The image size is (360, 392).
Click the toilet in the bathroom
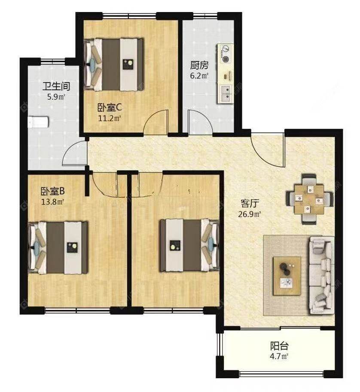coord(39,122)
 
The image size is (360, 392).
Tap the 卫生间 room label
coord(56,86)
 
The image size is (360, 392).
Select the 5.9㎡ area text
coord(56,97)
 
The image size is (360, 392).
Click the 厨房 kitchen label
coord(199,65)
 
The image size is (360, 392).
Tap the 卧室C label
coord(110,108)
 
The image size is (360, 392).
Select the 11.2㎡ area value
coord(110,118)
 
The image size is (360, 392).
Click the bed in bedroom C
coord(114,64)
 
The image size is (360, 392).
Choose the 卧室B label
coord(53,191)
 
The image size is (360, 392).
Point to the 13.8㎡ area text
coord(53,202)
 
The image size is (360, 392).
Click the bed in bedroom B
coord(58,248)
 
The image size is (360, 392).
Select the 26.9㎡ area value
coord(250,214)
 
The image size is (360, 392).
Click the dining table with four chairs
coord(310,199)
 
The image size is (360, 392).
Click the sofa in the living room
coord(322,275)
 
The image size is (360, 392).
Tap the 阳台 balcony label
coord(279,346)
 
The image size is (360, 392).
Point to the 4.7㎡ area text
coord(279,356)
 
